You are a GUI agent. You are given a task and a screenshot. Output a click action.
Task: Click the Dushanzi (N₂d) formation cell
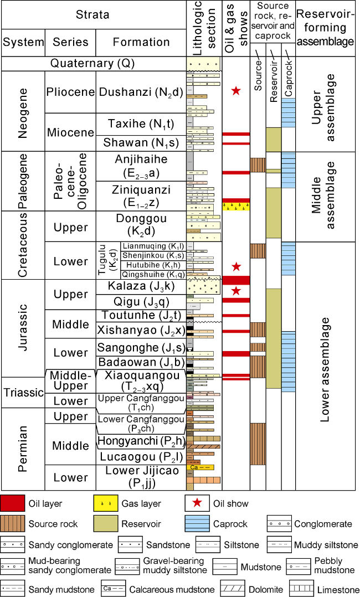click(141, 92)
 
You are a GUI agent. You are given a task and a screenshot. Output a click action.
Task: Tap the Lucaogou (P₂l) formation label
click(141, 457)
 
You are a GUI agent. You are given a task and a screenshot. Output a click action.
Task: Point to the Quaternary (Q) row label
click(92, 64)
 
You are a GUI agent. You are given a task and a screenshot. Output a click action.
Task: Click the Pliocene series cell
click(70, 92)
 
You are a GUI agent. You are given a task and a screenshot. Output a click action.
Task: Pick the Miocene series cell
click(70, 132)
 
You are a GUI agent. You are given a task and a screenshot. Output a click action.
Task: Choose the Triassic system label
click(23, 393)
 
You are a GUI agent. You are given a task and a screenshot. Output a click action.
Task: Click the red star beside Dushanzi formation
click(236, 90)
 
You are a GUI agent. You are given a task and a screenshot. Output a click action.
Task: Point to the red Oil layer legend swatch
click(14, 503)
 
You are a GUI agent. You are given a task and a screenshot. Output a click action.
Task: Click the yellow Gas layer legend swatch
click(106, 503)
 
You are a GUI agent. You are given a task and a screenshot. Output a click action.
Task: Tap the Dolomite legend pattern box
click(233, 589)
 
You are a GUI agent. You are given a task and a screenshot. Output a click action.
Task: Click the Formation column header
click(141, 42)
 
